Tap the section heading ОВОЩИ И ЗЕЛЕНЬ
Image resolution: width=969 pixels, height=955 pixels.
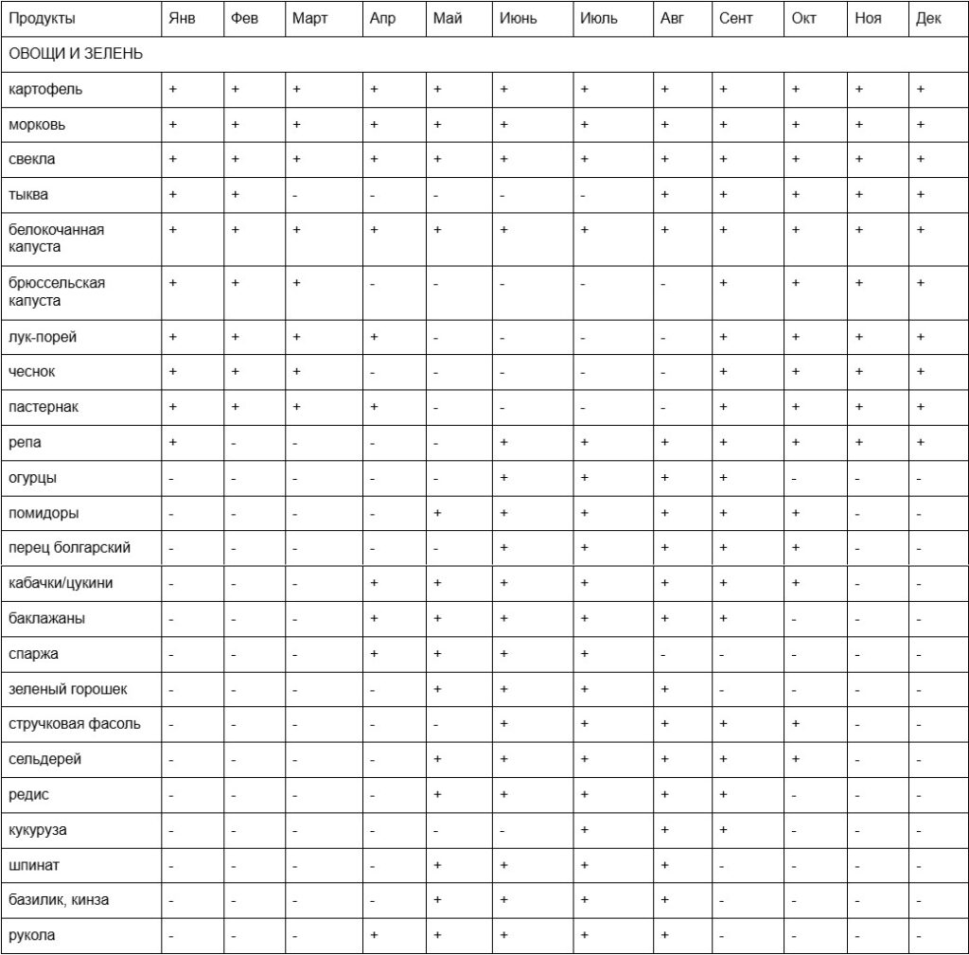(x=76, y=54)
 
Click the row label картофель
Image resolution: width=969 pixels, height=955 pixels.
(x=45, y=89)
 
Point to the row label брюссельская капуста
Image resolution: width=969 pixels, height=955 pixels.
(x=57, y=292)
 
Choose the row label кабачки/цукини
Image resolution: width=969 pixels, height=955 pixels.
(x=61, y=583)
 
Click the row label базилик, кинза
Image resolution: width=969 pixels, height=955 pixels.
(x=59, y=900)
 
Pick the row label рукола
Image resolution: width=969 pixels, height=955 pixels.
(x=32, y=935)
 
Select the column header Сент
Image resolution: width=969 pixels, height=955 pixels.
(x=736, y=19)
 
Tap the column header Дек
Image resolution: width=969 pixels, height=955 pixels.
(x=928, y=19)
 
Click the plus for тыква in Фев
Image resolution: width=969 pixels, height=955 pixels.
(x=235, y=194)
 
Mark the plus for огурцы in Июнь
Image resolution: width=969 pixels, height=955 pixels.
(x=503, y=478)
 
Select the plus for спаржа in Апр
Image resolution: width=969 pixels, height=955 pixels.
(x=375, y=653)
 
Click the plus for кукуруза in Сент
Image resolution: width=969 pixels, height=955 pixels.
(x=723, y=830)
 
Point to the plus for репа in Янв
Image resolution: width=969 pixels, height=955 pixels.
(x=172, y=442)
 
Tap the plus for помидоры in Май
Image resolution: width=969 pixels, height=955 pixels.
(x=437, y=513)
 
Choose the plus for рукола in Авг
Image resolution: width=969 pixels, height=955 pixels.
(x=665, y=935)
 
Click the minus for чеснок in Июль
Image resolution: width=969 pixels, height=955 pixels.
(x=584, y=372)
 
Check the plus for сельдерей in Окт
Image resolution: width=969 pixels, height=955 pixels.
(x=796, y=759)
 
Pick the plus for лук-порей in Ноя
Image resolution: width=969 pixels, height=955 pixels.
(x=859, y=336)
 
